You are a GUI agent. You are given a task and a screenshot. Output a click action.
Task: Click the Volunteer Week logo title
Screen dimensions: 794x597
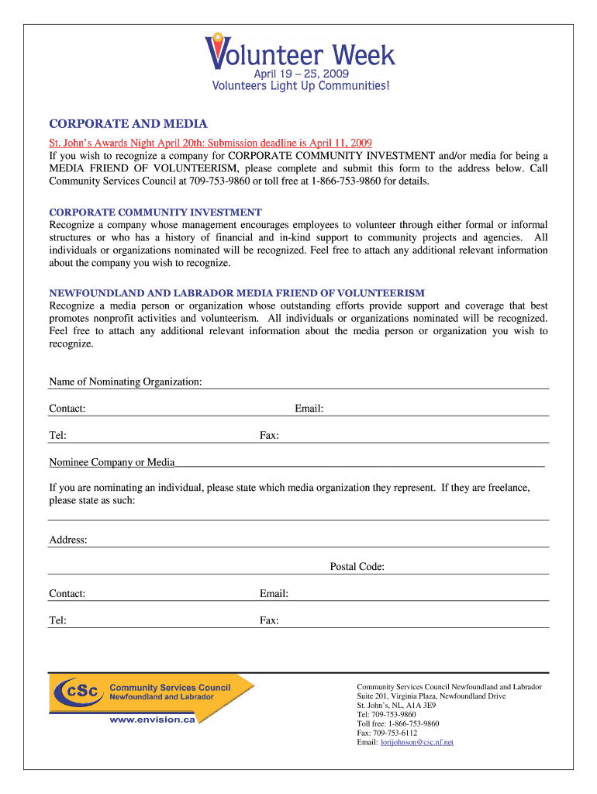pyautogui.click(x=301, y=54)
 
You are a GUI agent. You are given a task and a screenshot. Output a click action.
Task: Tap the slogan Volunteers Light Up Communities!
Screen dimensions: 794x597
pyautogui.click(x=301, y=85)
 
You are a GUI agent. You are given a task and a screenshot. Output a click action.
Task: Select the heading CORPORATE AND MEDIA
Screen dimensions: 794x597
pyautogui.click(x=128, y=124)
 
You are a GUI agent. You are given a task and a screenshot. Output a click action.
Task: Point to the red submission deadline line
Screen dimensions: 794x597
pyautogui.click(x=211, y=143)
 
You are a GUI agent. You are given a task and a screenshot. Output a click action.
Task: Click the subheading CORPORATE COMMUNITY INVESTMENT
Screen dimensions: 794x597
pyautogui.click(x=155, y=212)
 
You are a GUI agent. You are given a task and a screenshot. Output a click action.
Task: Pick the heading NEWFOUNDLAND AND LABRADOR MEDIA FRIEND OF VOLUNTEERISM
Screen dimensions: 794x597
pyautogui.click(x=236, y=293)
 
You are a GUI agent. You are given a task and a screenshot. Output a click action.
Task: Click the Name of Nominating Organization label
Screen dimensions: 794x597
pyautogui.click(x=126, y=381)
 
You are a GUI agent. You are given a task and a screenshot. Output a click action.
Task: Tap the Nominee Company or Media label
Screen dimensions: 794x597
pyautogui.click(x=112, y=462)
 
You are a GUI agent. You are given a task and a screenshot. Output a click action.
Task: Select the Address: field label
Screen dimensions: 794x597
pyautogui.click(x=68, y=540)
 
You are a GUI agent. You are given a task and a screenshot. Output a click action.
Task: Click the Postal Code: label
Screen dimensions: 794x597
pyautogui.click(x=357, y=567)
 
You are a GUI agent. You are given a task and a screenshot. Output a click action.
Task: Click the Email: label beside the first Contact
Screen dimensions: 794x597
pyautogui.click(x=309, y=409)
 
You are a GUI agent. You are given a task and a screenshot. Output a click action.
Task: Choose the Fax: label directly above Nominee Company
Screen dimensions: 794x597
pyautogui.click(x=269, y=436)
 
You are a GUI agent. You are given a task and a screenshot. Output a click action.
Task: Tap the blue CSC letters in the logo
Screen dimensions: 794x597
pyautogui.click(x=80, y=691)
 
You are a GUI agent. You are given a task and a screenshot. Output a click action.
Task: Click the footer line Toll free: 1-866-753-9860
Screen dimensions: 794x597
pyautogui.click(x=398, y=723)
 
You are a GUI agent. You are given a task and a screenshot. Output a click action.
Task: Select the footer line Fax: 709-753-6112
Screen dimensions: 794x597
pyautogui.click(x=387, y=733)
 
